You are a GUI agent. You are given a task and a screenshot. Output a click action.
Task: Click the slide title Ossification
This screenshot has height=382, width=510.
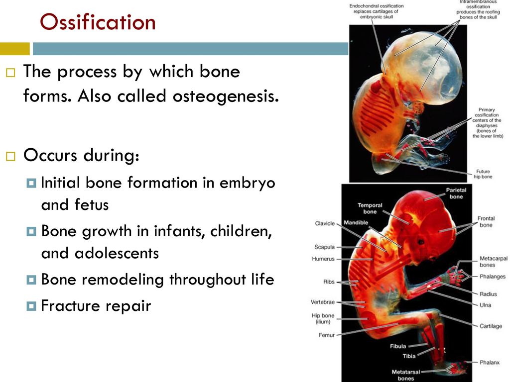pos(98,22)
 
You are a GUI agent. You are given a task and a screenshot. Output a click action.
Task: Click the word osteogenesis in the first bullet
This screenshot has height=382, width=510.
pos(226,96)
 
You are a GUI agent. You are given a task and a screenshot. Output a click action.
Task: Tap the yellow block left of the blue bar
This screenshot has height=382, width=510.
pos(14,49)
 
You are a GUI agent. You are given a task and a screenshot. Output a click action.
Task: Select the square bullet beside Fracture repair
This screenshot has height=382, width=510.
pos(31,306)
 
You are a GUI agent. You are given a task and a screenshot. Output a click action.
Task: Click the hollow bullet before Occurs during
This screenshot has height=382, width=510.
pos(11,156)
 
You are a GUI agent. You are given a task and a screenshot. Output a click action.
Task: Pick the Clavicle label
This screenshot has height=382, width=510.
pos(325,223)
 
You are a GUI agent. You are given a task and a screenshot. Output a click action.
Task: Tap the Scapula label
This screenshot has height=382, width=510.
pos(324,247)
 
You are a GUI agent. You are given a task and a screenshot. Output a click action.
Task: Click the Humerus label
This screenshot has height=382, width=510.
pos(323,259)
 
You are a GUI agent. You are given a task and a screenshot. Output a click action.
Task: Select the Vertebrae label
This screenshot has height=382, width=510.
pos(322,302)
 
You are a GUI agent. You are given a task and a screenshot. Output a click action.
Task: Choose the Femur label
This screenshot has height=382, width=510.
pos(327,335)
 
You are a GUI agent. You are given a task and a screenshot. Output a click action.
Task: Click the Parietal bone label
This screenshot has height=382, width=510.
pos(456,193)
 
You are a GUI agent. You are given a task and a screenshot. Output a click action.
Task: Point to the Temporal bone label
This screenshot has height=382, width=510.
pos(370,208)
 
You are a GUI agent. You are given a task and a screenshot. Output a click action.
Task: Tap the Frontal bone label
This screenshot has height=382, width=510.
pos(486,221)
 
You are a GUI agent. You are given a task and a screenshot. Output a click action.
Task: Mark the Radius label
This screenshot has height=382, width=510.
pos(488,294)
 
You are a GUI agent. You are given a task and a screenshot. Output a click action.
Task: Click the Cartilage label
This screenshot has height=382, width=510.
pos(491,326)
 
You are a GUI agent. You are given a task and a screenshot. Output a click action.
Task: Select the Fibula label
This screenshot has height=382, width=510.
pos(398,346)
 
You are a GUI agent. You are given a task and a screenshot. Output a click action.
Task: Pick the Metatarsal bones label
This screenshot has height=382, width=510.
pos(405,375)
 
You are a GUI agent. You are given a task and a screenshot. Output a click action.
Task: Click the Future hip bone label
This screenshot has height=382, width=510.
pos(483,174)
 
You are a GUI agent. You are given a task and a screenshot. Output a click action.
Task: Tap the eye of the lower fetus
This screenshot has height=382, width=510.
pos(421,242)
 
